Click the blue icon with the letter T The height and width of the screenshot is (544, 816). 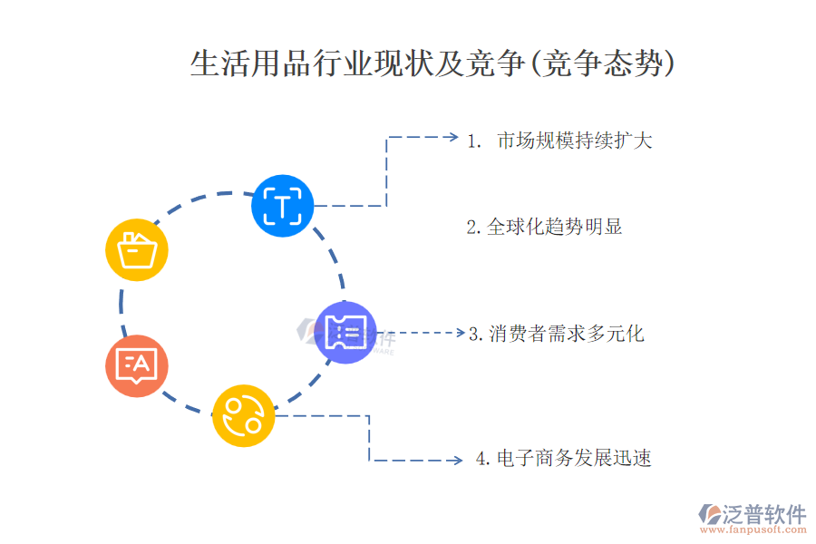coord(283,206)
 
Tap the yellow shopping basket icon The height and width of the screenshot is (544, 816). coord(138,248)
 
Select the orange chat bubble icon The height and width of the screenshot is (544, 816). coord(137,365)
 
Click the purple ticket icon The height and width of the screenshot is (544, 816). coord(345,332)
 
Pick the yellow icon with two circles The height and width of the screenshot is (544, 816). coord(244,416)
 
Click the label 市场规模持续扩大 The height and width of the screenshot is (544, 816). coord(575,141)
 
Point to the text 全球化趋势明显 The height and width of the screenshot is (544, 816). coord(555,227)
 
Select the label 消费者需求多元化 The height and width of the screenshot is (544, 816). coord(567,334)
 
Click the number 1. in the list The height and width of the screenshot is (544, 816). coord(474,141)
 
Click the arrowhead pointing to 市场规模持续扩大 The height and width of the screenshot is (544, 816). coord(453,137)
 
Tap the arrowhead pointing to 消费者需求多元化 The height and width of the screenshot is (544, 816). coord(460,333)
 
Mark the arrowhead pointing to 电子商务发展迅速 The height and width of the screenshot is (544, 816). coord(460,460)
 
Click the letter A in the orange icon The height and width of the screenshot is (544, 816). coord(145,364)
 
